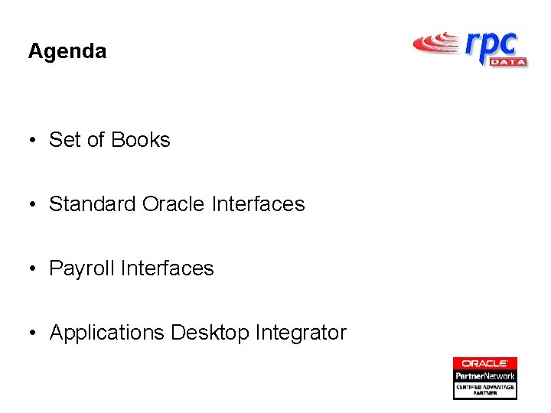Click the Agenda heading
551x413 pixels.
pos(67,52)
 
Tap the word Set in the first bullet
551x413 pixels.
pos(64,140)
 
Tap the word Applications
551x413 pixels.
pos(107,333)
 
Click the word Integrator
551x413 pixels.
pos(301,333)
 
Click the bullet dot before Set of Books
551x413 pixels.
pos(34,141)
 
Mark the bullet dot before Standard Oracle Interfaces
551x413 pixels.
pos(34,205)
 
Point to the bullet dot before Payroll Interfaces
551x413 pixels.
pos(34,269)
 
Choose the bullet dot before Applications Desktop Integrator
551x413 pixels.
pos(34,333)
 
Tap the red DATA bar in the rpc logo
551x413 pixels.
pos(507,61)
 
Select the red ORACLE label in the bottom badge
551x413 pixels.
pos(485,363)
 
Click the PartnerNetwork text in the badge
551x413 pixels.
pos(485,376)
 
